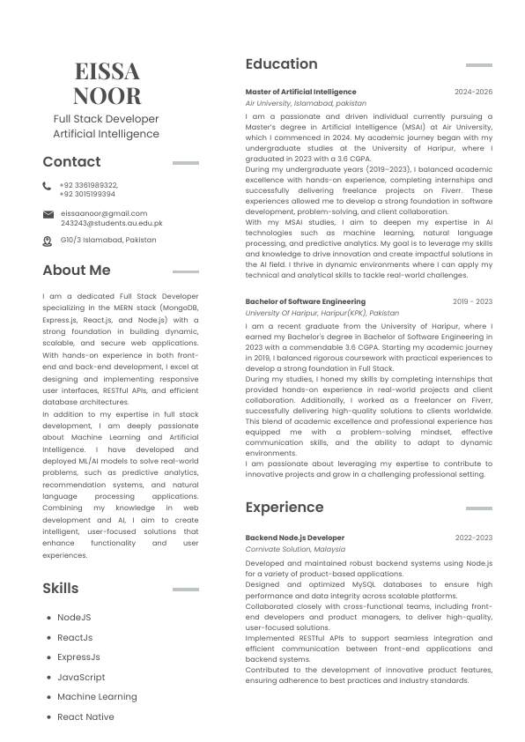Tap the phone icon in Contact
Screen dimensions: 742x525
point(47,186)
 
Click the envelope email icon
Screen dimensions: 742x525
point(48,214)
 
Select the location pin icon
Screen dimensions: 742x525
point(48,241)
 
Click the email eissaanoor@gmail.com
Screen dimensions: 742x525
point(103,213)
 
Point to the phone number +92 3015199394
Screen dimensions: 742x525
point(87,194)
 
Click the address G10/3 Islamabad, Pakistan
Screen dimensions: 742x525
point(108,240)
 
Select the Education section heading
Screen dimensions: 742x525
point(281,64)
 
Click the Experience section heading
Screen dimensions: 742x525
point(284,508)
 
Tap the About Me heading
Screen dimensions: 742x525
point(77,271)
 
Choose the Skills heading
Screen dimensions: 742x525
point(60,589)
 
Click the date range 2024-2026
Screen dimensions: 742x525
point(473,92)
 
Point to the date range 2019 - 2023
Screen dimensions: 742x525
point(472,301)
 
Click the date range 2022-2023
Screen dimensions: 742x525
point(473,538)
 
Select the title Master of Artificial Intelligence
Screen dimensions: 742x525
point(300,92)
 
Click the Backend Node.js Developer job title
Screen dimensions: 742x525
point(294,538)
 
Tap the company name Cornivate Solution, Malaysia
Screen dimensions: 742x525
point(295,549)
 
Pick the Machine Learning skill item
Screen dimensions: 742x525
point(97,697)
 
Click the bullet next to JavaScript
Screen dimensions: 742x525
point(48,678)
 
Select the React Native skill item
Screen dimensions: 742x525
point(85,717)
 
